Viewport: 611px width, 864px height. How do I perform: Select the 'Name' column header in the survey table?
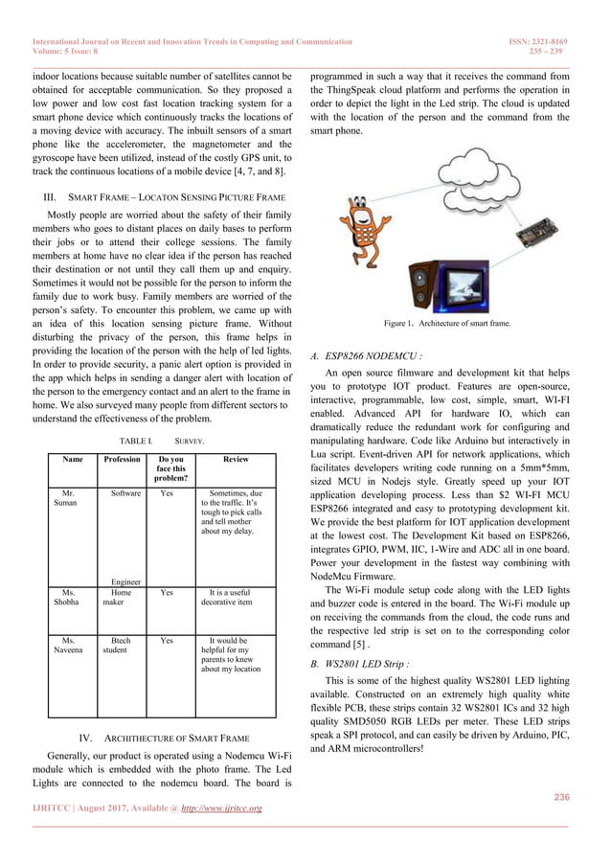tap(72, 460)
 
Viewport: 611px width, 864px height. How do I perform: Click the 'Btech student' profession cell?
tap(120, 646)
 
